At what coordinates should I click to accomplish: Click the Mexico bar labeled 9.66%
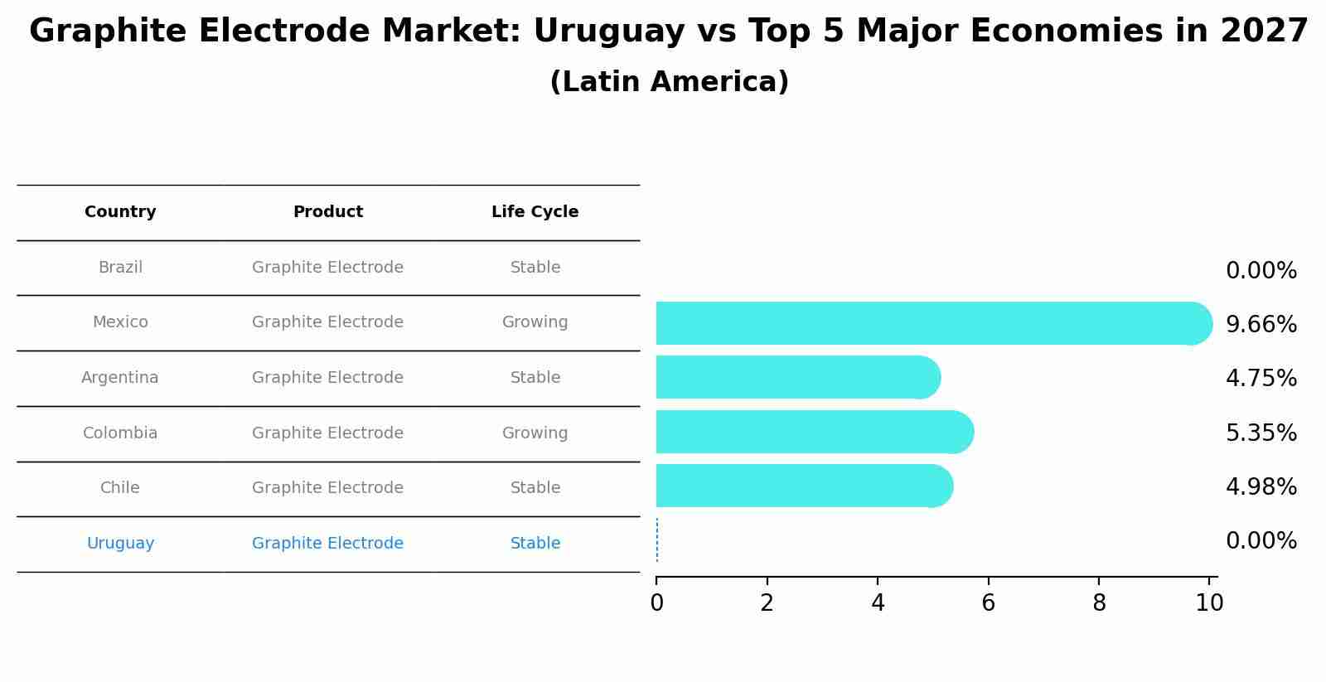click(x=928, y=323)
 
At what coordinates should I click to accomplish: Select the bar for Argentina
click(x=796, y=377)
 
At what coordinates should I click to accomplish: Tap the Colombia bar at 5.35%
click(x=812, y=432)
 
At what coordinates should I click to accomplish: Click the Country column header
click(x=120, y=212)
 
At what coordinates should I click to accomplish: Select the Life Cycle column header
click(x=535, y=212)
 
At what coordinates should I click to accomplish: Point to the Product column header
click(x=327, y=212)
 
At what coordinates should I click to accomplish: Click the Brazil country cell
click(x=120, y=268)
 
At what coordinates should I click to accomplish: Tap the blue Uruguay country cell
click(x=120, y=544)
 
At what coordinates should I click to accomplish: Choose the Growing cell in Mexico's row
click(x=535, y=322)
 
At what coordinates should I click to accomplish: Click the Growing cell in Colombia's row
click(x=535, y=433)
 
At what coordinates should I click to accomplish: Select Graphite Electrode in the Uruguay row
click(x=327, y=544)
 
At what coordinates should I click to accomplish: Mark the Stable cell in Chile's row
click(x=535, y=488)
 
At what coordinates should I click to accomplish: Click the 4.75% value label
click(x=1261, y=379)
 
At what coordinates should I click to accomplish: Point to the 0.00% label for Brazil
click(x=1261, y=271)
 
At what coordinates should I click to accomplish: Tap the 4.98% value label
click(x=1261, y=487)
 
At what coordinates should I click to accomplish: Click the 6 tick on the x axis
click(x=988, y=603)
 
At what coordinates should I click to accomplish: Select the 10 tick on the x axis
click(x=1209, y=603)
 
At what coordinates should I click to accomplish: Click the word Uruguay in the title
click(x=609, y=31)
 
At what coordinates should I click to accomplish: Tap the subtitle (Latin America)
click(x=669, y=82)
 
